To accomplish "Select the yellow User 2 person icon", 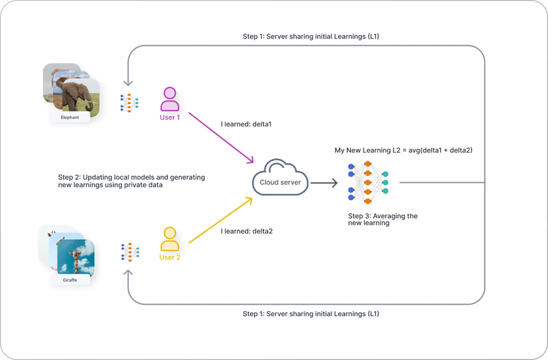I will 170,239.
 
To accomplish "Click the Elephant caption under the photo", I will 70,117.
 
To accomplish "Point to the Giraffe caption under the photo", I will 69,280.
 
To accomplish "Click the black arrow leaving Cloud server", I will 323,183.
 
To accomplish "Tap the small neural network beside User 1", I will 129,103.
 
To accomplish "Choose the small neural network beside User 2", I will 130,252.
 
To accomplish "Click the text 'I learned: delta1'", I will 246,124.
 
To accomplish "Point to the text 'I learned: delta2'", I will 246,231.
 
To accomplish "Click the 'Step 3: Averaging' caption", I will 382,219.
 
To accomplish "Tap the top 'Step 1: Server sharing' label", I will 310,37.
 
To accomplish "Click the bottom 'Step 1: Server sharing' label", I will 310,314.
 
